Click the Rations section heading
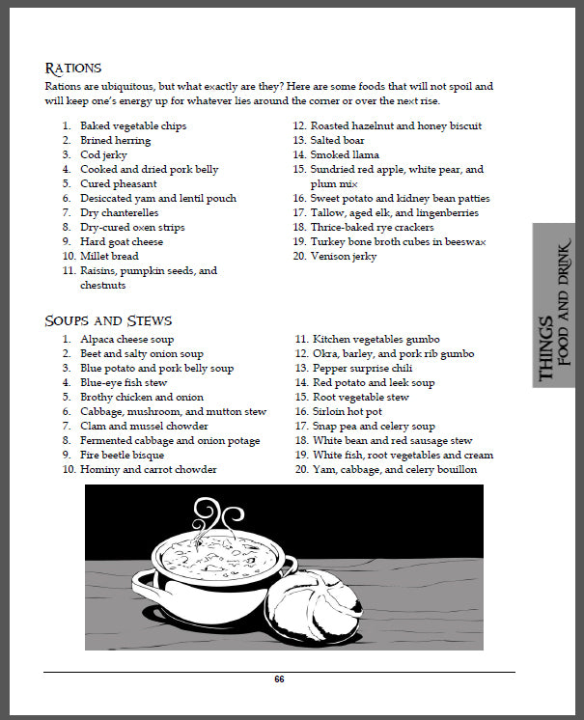tap(73, 69)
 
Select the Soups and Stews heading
tap(108, 320)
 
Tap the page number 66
tap(279, 679)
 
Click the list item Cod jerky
tap(103, 154)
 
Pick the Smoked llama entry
tap(345, 154)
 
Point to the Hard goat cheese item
tap(123, 241)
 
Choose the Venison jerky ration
tap(344, 256)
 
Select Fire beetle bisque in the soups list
tap(122, 455)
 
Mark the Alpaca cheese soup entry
tap(126, 339)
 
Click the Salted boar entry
tap(337, 140)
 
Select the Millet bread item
tap(109, 256)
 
